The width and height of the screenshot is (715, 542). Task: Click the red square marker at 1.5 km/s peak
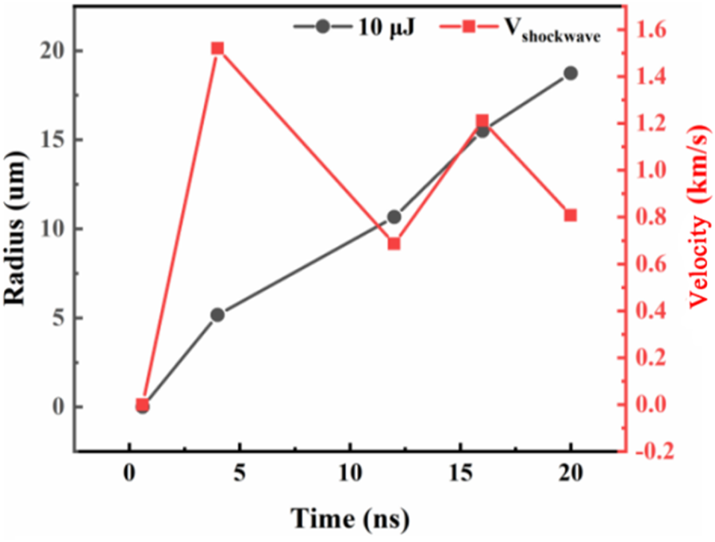[x=217, y=48]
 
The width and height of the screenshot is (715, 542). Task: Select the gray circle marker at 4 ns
[x=217, y=315]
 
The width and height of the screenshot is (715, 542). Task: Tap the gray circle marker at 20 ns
[x=570, y=73]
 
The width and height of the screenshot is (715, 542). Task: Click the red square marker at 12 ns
[x=394, y=244]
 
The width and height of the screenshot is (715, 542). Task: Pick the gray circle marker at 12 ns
[x=394, y=217]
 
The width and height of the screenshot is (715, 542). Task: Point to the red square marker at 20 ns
[x=570, y=215]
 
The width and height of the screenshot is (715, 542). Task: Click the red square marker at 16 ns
[x=482, y=121]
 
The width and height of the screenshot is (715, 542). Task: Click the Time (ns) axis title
[x=349, y=519]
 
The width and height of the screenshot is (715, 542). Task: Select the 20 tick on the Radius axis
[x=52, y=51]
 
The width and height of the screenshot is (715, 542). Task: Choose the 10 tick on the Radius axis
[x=52, y=229]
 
